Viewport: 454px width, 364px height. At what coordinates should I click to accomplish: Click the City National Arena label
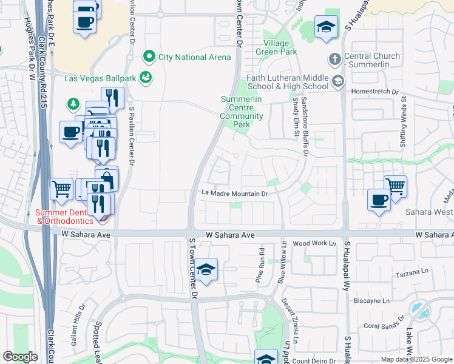(194, 57)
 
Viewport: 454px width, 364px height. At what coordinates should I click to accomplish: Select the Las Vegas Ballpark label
(101, 78)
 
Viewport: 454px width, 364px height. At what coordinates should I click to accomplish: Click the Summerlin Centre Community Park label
(242, 111)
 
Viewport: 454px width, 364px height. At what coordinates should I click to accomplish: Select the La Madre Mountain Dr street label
(235, 194)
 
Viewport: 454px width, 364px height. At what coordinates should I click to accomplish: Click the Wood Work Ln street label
(314, 243)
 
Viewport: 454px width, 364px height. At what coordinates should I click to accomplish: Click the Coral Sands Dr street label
(384, 321)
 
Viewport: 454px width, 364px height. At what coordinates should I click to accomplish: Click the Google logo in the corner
(20, 357)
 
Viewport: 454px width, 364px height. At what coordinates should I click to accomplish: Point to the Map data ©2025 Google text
(416, 359)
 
